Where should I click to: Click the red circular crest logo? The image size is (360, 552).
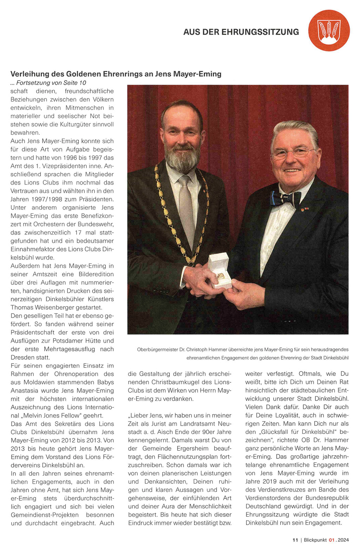pyautogui.click(x=329, y=30)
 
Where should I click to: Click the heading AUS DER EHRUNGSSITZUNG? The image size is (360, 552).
pyautogui.click(x=241, y=32)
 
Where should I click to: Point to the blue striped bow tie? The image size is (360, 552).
pyautogui.click(x=285, y=199)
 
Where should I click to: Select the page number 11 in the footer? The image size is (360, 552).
pyautogui.click(x=295, y=540)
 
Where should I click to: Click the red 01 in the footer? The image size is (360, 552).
pyautogui.click(x=332, y=540)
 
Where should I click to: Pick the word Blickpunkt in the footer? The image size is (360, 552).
pyautogui.click(x=315, y=540)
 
